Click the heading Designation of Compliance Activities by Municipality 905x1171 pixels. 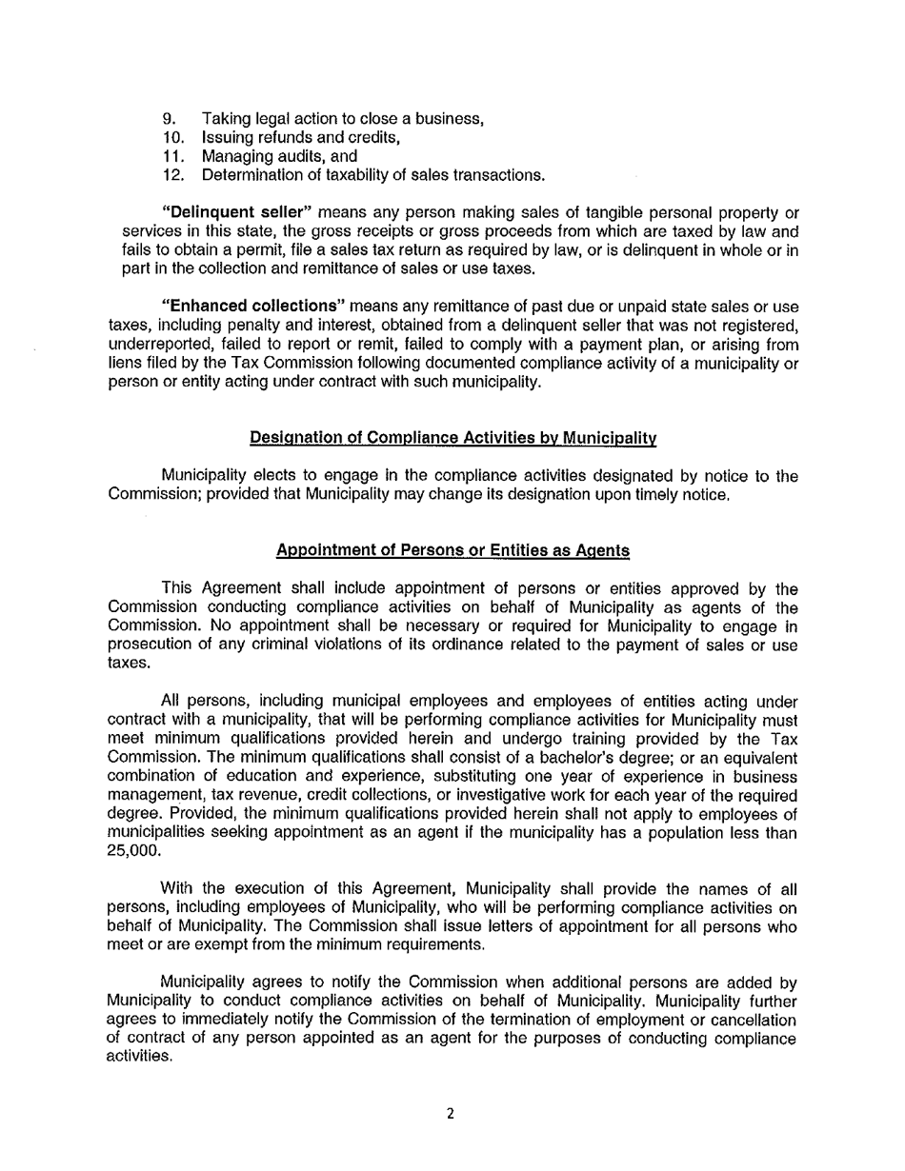[x=452, y=438]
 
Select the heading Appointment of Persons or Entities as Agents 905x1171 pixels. [x=452, y=550]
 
